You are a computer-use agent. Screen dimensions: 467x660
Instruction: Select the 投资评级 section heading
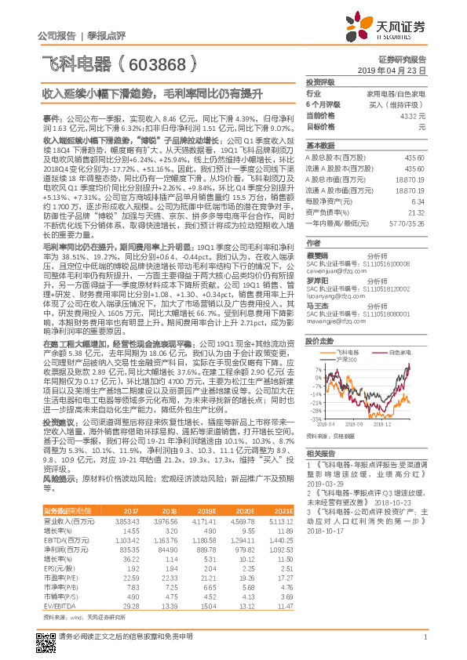click(x=320, y=82)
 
